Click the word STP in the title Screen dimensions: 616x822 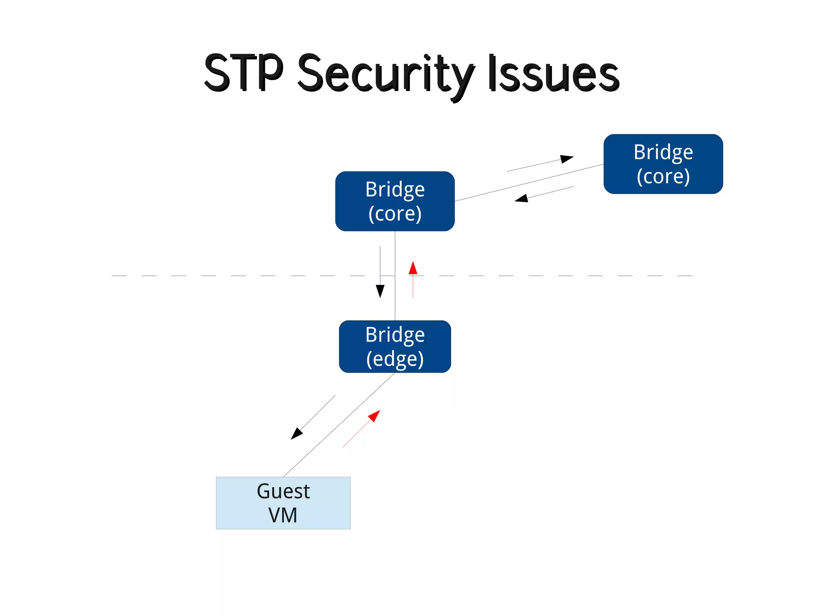pos(244,73)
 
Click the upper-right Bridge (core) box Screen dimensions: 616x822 pos(663,164)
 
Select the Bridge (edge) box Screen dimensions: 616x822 pos(395,346)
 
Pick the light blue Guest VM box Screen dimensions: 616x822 pos(283,503)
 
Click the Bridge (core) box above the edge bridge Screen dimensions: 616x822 pos(395,201)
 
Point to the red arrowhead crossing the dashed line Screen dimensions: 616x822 pos(413,268)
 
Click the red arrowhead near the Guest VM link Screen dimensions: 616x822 pos(374,416)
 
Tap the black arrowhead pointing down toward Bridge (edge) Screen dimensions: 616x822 pos(380,291)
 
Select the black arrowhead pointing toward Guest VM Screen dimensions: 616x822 pos(296,433)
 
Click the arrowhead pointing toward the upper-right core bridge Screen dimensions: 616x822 pos(567,159)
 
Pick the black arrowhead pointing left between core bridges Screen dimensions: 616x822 pos(521,198)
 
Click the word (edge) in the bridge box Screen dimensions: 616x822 pos(395,359)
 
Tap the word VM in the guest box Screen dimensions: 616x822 pos(283,515)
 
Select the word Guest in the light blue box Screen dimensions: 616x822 pos(283,491)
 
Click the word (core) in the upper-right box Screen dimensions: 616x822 pos(663,176)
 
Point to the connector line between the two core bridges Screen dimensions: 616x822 pos(530,183)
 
